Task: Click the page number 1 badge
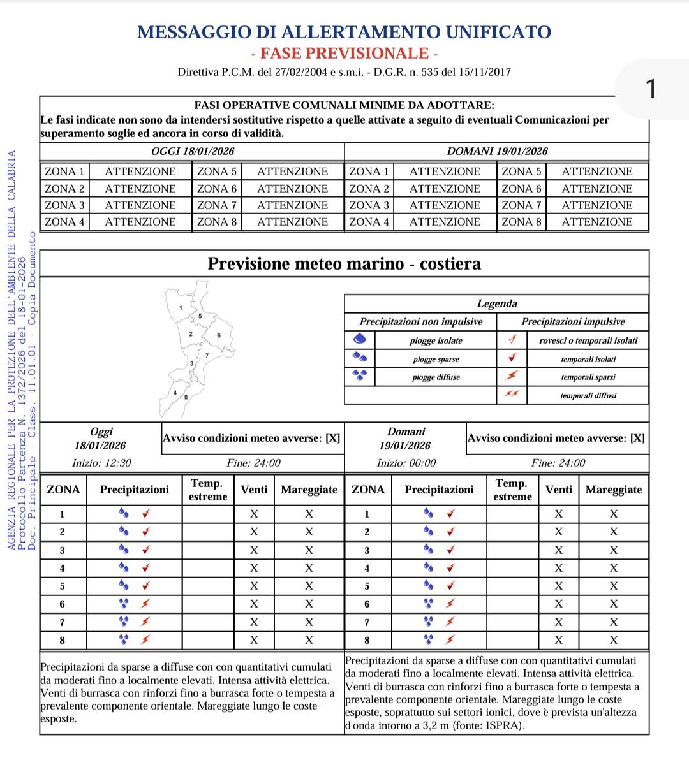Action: [651, 89]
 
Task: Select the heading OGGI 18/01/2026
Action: [193, 151]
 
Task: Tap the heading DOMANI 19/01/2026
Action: [497, 151]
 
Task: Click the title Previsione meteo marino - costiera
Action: [344, 264]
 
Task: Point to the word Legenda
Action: [497, 303]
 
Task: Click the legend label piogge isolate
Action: [436, 340]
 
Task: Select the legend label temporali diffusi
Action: [588, 395]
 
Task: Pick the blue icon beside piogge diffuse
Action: [360, 376]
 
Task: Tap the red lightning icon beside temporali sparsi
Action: [512, 376]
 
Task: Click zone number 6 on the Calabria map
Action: [218, 335]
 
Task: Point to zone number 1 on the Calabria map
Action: [181, 309]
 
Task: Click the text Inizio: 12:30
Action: [101, 463]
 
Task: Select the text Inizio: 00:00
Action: [406, 463]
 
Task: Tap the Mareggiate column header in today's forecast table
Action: [309, 490]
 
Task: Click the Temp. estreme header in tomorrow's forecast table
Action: [512, 490]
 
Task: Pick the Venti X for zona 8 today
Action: [254, 640]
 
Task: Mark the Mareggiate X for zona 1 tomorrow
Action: [614, 514]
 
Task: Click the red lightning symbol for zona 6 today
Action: [145, 604]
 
